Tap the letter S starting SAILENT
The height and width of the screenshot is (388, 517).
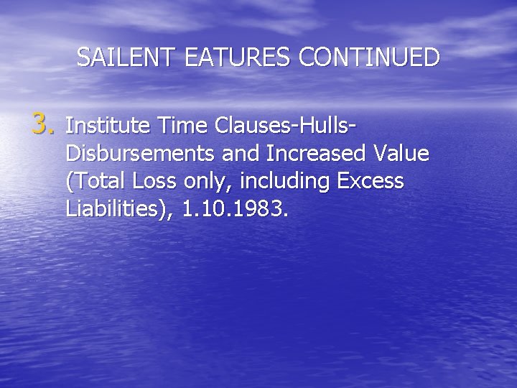83,57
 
